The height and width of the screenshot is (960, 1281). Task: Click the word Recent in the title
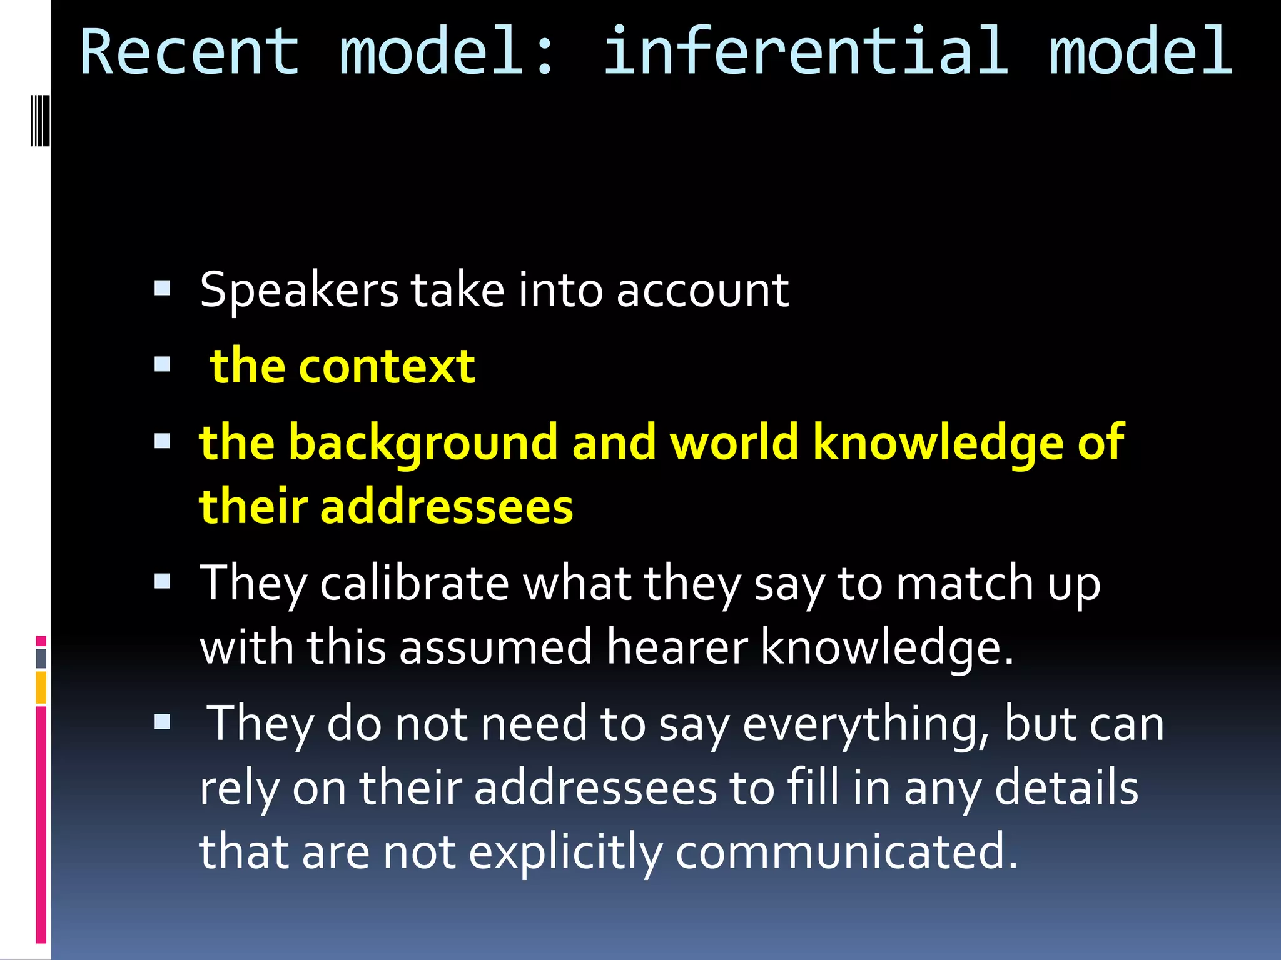coord(190,52)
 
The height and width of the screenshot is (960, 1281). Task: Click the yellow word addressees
coord(447,507)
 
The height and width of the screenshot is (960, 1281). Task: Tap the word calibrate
coord(414,584)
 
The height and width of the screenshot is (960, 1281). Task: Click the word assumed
coord(495,648)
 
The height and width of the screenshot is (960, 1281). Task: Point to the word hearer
coord(677,648)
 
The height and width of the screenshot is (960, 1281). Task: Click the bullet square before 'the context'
coord(162,364)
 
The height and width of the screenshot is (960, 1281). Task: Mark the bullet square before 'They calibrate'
coord(162,582)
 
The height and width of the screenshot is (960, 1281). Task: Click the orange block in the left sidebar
coord(41,687)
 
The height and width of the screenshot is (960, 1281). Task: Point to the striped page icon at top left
coord(40,120)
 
